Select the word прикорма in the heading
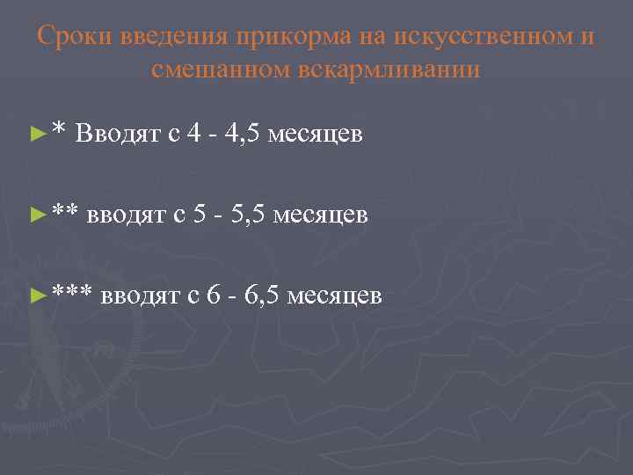click(294, 37)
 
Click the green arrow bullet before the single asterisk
click(36, 135)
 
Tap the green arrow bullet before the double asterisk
click(36, 214)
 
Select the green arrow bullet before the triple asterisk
click(36, 295)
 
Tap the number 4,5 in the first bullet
click(240, 134)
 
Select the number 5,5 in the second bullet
click(245, 214)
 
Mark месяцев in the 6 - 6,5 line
click(334, 295)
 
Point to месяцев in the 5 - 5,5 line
click(320, 215)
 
